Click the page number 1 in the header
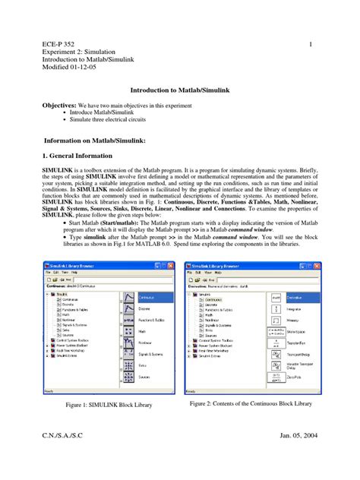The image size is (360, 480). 311,44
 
